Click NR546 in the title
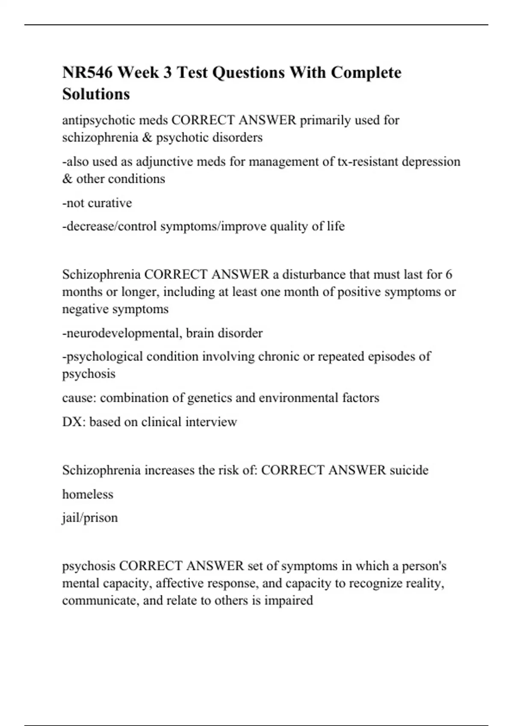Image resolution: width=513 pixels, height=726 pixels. click(88, 73)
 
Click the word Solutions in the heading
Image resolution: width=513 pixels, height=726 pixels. click(96, 94)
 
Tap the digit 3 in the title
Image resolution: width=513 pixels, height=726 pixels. click(167, 73)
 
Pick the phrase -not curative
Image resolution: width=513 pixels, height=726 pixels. click(97, 203)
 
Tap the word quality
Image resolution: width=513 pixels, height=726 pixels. click(289, 226)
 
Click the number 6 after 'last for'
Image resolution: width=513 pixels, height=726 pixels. click(448, 274)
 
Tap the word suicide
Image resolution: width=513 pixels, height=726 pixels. click(409, 470)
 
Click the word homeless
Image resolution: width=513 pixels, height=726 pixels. click(88, 494)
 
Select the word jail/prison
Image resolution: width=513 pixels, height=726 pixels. click(90, 518)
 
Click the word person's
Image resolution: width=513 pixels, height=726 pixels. click(424, 566)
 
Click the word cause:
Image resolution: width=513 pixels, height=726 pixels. click(79, 398)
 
